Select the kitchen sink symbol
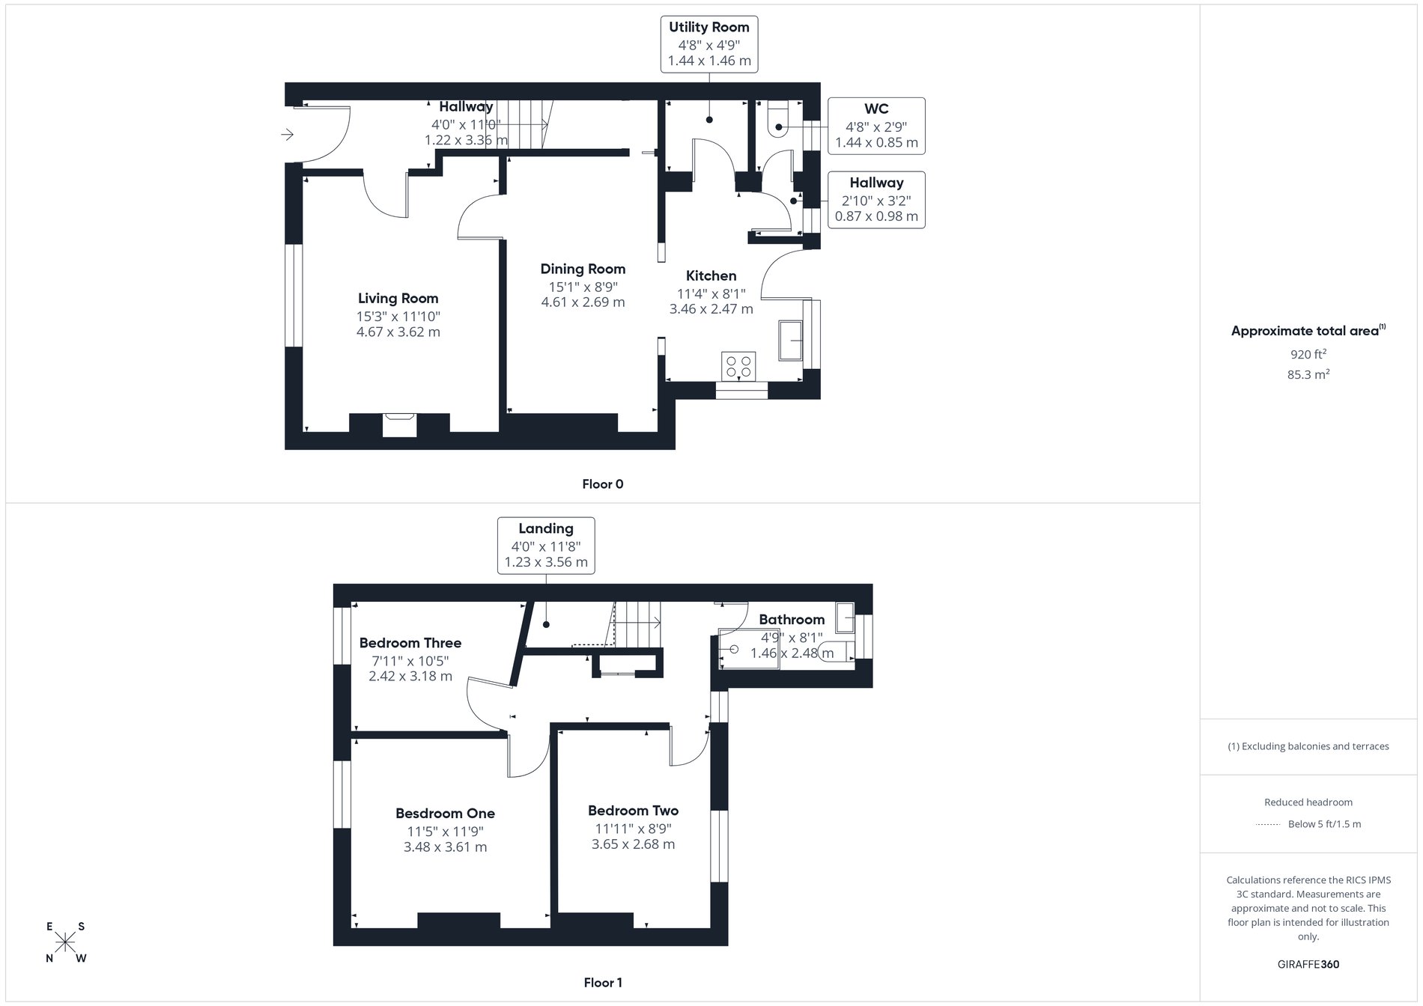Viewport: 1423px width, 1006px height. point(791,341)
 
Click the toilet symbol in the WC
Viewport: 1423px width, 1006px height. point(777,121)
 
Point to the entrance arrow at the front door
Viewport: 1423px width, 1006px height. point(287,135)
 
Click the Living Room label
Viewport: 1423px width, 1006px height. point(398,298)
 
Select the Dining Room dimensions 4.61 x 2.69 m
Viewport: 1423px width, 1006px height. point(583,302)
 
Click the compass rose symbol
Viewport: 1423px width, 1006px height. point(65,942)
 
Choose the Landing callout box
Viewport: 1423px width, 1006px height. point(546,546)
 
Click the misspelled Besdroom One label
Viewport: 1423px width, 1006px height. point(445,813)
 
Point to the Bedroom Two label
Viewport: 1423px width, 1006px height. point(633,810)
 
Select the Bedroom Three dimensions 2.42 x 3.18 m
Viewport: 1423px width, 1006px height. point(410,676)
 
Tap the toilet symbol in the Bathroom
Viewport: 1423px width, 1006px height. point(837,651)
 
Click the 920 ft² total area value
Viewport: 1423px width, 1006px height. point(1308,354)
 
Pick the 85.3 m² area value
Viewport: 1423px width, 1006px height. point(1308,374)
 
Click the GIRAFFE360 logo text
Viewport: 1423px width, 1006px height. point(1308,964)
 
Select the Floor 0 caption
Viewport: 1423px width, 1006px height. point(602,484)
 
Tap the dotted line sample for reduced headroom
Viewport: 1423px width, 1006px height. point(1267,824)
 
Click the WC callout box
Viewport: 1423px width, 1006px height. point(876,126)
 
